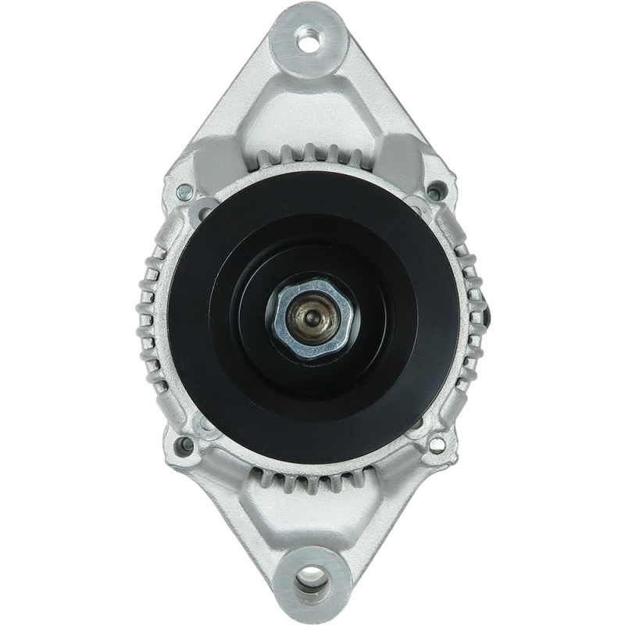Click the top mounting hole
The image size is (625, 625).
[x=309, y=38]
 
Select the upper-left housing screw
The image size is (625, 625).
[x=184, y=190]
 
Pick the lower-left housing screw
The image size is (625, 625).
[x=185, y=445]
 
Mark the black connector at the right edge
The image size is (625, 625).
[x=487, y=312]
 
